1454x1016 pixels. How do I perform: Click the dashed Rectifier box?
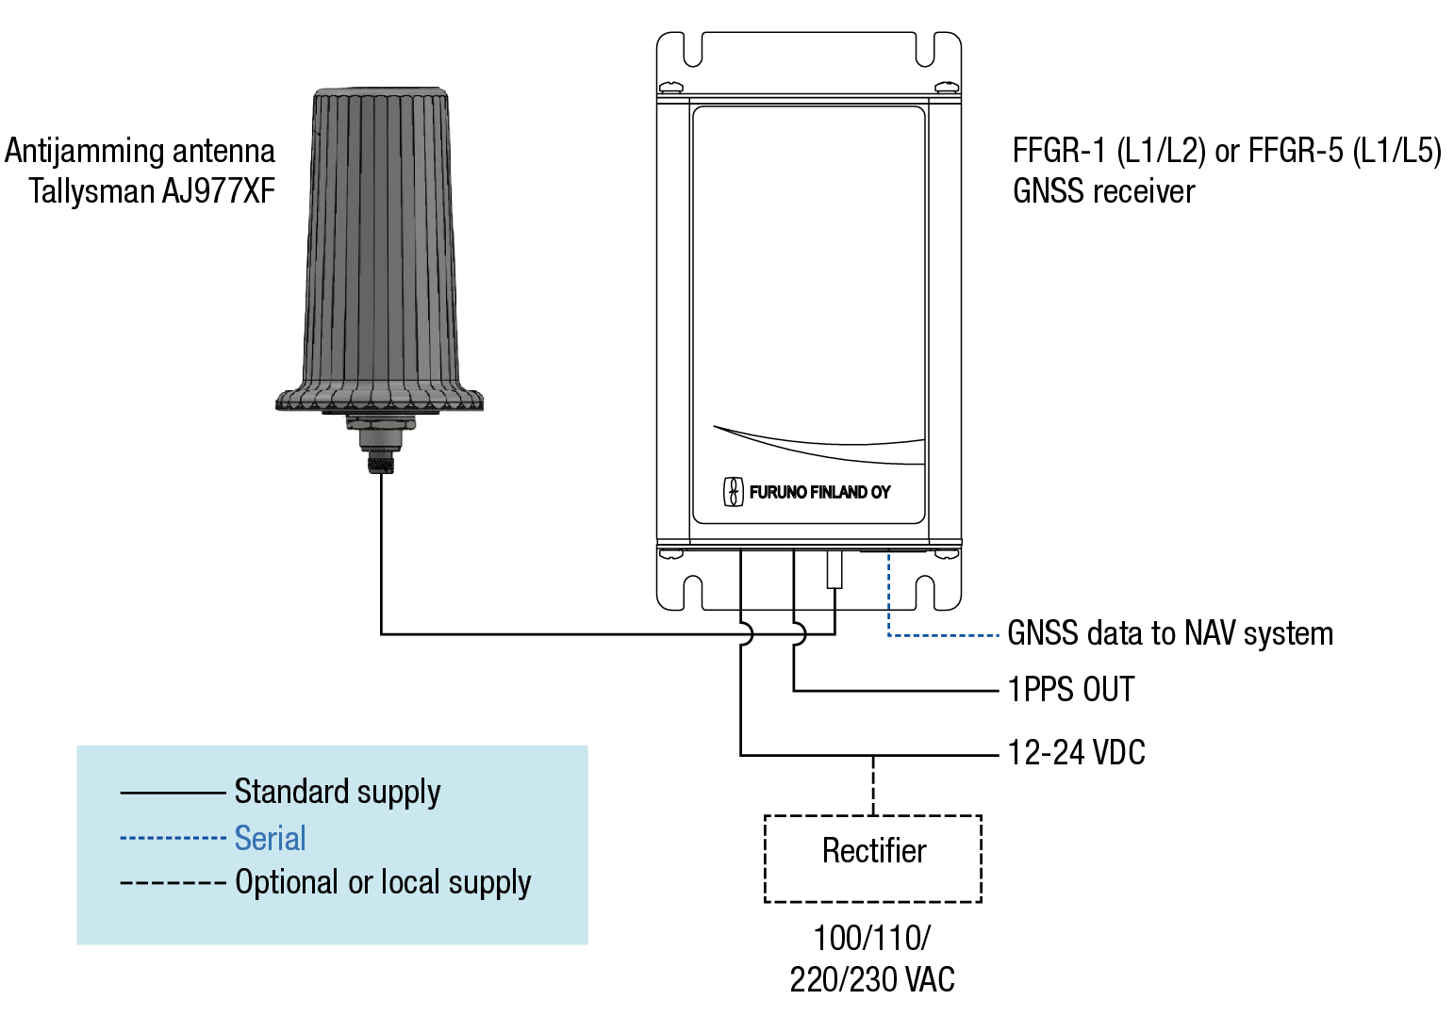(x=872, y=858)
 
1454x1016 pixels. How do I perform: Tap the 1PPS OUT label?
(x=1070, y=690)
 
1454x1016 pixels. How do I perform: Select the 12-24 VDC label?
(x=1076, y=753)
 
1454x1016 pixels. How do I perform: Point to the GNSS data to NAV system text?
(x=1169, y=633)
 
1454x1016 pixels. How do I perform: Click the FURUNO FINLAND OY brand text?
(x=819, y=492)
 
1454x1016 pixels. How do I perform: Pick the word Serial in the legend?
(x=270, y=838)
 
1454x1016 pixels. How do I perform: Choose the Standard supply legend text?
(x=337, y=792)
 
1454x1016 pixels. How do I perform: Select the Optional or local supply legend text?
(x=382, y=883)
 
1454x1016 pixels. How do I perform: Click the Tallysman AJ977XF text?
(x=152, y=191)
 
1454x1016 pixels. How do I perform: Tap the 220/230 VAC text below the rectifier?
(x=872, y=980)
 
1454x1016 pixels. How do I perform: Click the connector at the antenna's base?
(x=380, y=448)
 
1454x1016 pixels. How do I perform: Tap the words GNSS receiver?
(x=1103, y=191)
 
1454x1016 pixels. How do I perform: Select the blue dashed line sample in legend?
(x=173, y=838)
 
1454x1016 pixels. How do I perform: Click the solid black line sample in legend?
(x=173, y=793)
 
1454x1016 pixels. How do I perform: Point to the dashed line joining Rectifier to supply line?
(x=873, y=785)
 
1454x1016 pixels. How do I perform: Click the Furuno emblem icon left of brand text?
(x=733, y=491)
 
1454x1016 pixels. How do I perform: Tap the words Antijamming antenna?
(x=140, y=151)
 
